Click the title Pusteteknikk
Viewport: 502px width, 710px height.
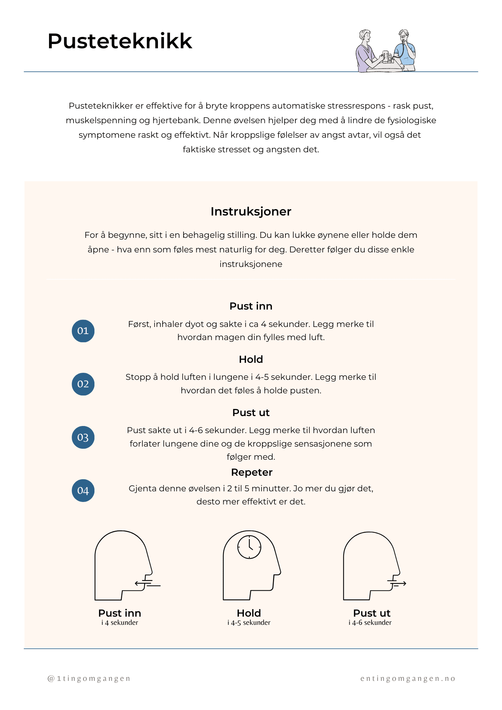(x=120, y=41)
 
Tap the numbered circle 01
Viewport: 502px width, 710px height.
(x=83, y=331)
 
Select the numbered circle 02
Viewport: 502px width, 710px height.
(x=83, y=384)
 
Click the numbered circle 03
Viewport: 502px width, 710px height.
(x=83, y=437)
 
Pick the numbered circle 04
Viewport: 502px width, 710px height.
(x=83, y=491)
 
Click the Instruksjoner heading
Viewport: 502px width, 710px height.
(x=251, y=212)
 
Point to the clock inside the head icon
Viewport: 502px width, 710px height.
(x=249, y=547)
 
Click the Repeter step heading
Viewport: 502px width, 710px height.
(x=251, y=473)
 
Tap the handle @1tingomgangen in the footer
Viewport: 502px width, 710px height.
(x=89, y=679)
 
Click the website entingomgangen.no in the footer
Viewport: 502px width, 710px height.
(x=408, y=679)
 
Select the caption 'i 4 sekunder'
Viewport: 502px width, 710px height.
(x=120, y=623)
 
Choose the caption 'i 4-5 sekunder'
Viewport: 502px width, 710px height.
(x=249, y=623)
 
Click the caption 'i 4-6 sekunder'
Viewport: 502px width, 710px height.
(x=370, y=623)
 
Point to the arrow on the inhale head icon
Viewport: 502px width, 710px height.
(x=140, y=583)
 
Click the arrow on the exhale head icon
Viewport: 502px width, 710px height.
(x=401, y=583)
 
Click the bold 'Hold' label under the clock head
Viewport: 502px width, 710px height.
(x=249, y=613)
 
